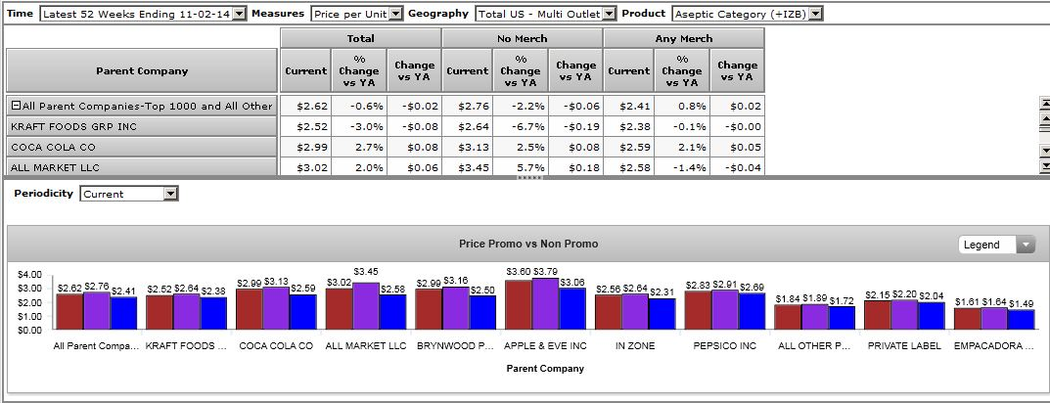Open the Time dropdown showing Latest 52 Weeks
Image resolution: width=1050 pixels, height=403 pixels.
[143, 14]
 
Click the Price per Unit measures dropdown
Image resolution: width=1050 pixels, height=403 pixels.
[355, 14]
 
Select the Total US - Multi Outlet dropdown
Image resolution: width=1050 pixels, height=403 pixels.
[545, 14]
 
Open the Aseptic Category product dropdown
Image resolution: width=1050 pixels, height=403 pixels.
[747, 14]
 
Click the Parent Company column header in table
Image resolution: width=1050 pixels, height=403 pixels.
[142, 70]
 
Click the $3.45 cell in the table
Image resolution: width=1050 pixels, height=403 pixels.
[468, 167]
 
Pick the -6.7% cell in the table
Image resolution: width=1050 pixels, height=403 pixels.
[521, 126]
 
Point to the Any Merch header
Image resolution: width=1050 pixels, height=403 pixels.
[683, 38]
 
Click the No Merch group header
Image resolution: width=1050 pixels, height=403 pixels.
[522, 38]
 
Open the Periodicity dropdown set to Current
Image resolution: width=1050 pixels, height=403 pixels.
[128, 194]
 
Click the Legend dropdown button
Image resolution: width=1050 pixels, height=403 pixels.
[995, 245]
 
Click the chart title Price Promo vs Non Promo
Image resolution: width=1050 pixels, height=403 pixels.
[528, 244]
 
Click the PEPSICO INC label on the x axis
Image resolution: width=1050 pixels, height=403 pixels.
[725, 346]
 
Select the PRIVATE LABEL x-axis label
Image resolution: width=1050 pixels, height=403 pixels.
[904, 346]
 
